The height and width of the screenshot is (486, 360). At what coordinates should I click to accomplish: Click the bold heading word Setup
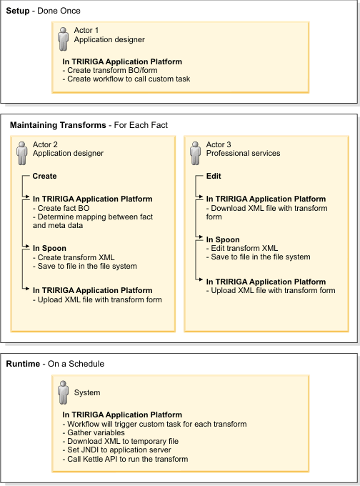tap(18, 11)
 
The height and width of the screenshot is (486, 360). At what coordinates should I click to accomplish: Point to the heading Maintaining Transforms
tap(56, 125)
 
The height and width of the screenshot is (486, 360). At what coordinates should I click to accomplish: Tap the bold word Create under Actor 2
tap(44, 176)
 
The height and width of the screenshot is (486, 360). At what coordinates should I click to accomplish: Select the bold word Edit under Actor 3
tap(214, 176)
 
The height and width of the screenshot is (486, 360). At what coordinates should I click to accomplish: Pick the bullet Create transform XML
tap(75, 257)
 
